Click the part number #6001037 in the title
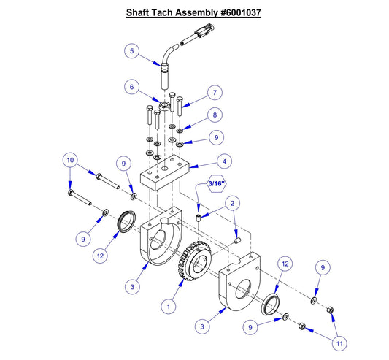[x=235, y=13]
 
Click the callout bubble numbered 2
[x=233, y=203]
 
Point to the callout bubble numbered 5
[x=131, y=51]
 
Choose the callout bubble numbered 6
[x=131, y=86]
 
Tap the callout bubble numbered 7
[x=215, y=93]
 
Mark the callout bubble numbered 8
[x=215, y=115]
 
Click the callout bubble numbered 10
[x=70, y=159]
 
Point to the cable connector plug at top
[x=202, y=34]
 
